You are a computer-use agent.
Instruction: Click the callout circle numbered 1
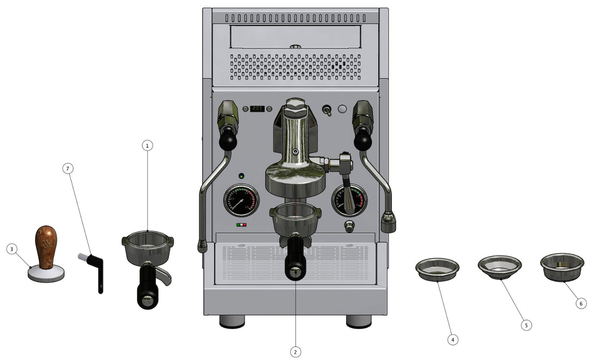(148, 146)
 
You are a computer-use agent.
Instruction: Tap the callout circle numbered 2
(295, 351)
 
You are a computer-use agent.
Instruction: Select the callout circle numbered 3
(12, 249)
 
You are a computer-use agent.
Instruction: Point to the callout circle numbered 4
(453, 340)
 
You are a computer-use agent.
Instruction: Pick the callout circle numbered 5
(527, 325)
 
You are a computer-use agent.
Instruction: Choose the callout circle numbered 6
(580, 303)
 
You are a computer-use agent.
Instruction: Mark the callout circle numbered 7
(67, 169)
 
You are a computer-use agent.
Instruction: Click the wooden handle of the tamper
(46, 246)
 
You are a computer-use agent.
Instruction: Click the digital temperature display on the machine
(258, 109)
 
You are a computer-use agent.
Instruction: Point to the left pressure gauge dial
(241, 200)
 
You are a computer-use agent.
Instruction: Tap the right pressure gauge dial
(349, 200)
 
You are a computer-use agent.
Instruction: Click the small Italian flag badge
(242, 225)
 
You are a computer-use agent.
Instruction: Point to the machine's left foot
(232, 321)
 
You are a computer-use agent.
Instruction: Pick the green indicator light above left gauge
(241, 176)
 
